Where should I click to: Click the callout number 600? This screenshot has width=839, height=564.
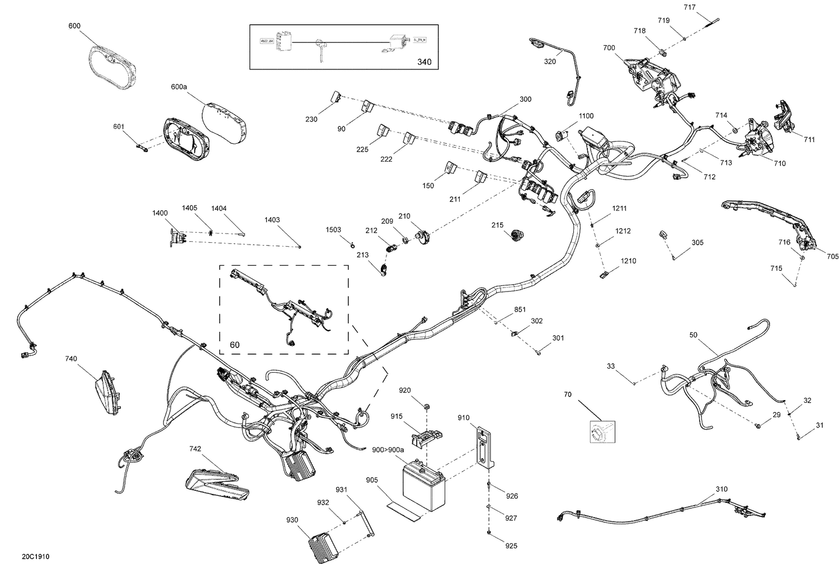74,26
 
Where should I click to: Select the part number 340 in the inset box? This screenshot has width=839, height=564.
425,62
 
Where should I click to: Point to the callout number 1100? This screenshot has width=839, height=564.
586,116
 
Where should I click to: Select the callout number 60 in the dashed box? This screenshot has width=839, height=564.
234,345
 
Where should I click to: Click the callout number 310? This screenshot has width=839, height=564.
722,489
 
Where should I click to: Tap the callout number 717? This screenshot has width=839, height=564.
690,7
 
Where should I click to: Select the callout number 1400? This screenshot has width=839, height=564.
159,213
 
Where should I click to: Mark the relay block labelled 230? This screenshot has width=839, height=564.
337,97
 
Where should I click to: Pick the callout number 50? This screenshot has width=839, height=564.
693,335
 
